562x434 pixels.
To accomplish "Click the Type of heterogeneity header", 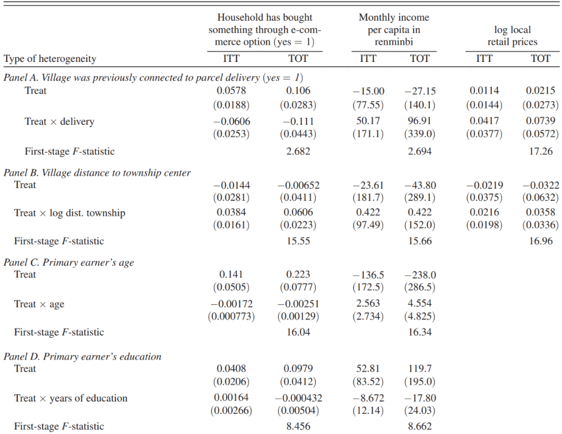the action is tap(50, 59).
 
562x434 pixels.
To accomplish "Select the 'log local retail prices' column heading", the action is tap(512, 35).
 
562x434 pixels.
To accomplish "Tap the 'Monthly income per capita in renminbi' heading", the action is tap(394, 29).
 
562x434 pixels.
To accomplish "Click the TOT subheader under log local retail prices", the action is tap(540, 58).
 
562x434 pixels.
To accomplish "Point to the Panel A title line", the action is tap(154, 78).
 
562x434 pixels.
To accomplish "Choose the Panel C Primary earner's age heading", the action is tap(69, 262).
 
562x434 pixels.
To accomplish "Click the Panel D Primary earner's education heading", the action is tap(82, 356).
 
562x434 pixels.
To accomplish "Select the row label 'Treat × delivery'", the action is tap(59, 121).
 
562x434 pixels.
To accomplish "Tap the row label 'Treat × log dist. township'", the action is tap(70, 213).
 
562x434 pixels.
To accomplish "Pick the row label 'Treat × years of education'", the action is tap(71, 398).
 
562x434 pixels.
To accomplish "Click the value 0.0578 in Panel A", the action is tap(231, 91).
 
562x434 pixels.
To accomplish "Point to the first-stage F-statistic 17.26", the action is tap(541, 151).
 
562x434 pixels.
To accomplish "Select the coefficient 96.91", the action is tap(420, 121).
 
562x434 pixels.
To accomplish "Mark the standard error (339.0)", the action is tap(420, 134).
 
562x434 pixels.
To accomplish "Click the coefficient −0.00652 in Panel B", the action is tap(298, 185).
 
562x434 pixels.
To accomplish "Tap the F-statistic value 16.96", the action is tap(541, 241).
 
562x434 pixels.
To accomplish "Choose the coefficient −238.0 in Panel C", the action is tap(420, 275).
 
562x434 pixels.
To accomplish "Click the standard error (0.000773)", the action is tap(231, 317).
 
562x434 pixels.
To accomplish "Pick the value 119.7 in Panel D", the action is tap(420, 368).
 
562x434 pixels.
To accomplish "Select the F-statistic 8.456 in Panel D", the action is tap(298, 426).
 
